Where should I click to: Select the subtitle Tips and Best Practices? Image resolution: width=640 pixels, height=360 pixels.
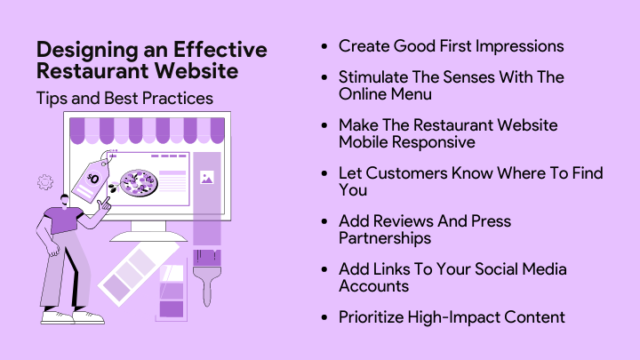tap(124, 98)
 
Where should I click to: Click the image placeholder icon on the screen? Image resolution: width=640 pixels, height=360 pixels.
tap(206, 178)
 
